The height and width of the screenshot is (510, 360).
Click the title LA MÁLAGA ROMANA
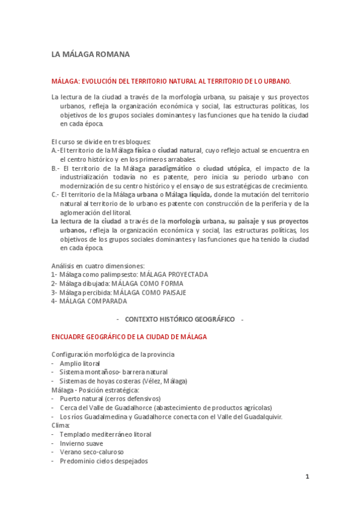[x=91, y=55]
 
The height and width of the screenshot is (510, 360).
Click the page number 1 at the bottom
[x=307, y=477]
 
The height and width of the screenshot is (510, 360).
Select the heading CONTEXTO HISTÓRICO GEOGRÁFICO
[x=180, y=319]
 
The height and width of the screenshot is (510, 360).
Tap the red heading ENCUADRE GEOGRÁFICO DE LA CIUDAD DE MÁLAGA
[x=129, y=337]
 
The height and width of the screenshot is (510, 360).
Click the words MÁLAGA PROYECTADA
[x=174, y=274]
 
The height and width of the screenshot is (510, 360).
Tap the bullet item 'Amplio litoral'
[x=80, y=363]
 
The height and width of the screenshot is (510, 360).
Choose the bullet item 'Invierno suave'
[x=82, y=443]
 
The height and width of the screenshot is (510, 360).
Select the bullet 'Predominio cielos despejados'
[x=103, y=461]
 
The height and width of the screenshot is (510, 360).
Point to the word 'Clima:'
[x=61, y=425]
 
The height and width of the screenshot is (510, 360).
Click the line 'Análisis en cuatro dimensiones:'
[x=98, y=265]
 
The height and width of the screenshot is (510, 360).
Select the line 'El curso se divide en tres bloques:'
[x=101, y=141]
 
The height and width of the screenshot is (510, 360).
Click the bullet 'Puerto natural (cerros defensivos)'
[x=110, y=398]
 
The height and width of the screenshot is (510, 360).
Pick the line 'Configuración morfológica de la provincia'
[x=111, y=354]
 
